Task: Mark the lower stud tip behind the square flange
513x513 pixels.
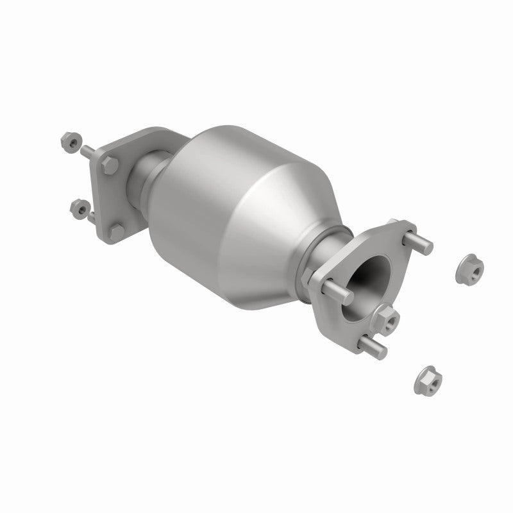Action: [92, 218]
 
